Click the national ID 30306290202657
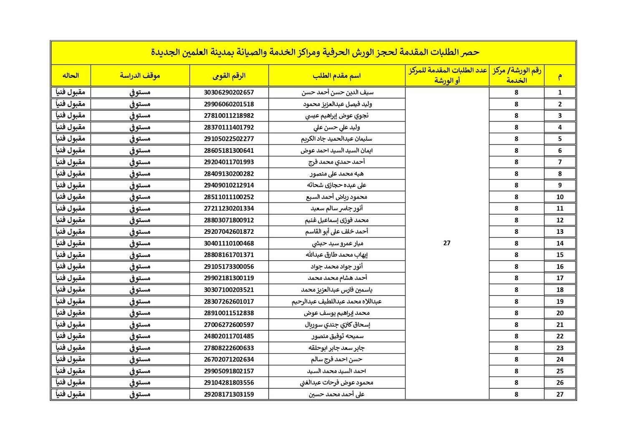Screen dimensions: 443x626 (229, 92)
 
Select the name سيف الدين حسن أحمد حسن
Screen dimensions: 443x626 (337, 92)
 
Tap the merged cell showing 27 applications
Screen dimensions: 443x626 (447, 243)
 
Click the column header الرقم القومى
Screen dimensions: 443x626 (229, 76)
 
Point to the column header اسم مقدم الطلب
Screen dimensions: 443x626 (336, 76)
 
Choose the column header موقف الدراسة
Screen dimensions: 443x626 (140, 76)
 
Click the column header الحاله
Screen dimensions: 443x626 (71, 76)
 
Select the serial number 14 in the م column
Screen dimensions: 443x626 (560, 243)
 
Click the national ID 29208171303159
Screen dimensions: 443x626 (229, 394)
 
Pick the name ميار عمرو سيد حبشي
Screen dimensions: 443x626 (337, 243)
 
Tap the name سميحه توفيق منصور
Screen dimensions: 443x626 (337, 336)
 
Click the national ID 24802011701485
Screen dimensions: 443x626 (229, 336)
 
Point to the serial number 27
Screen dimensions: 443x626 (560, 394)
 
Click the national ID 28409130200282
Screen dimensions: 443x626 (229, 174)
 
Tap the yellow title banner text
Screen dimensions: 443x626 (315, 52)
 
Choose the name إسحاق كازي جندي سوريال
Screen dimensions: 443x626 (337, 324)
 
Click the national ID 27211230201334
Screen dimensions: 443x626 (229, 208)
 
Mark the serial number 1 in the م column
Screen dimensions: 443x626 (560, 92)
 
